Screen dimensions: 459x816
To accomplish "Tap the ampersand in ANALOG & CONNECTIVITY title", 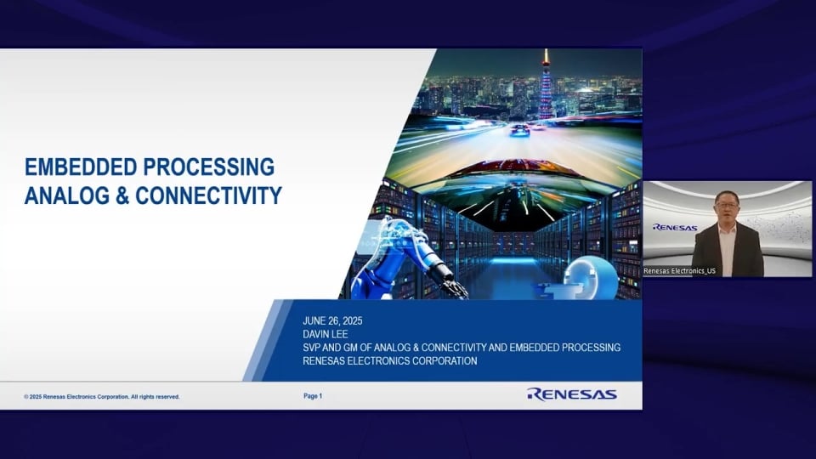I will pyautogui.click(x=121, y=195).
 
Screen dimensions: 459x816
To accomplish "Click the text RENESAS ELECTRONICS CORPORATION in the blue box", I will pyautogui.click(x=389, y=361).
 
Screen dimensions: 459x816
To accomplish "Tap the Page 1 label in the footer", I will pyautogui.click(x=313, y=396).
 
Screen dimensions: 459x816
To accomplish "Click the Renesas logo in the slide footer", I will pyautogui.click(x=571, y=394).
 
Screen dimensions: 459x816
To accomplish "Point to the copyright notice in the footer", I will pyautogui.click(x=102, y=397).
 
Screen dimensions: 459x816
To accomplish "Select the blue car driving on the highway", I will pyautogui.click(x=518, y=130).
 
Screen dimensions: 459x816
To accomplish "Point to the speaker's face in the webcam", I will pyautogui.click(x=727, y=207).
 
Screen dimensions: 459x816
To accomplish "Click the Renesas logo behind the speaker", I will pyautogui.click(x=675, y=227).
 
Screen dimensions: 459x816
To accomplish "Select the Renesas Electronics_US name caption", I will pyautogui.click(x=679, y=270).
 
